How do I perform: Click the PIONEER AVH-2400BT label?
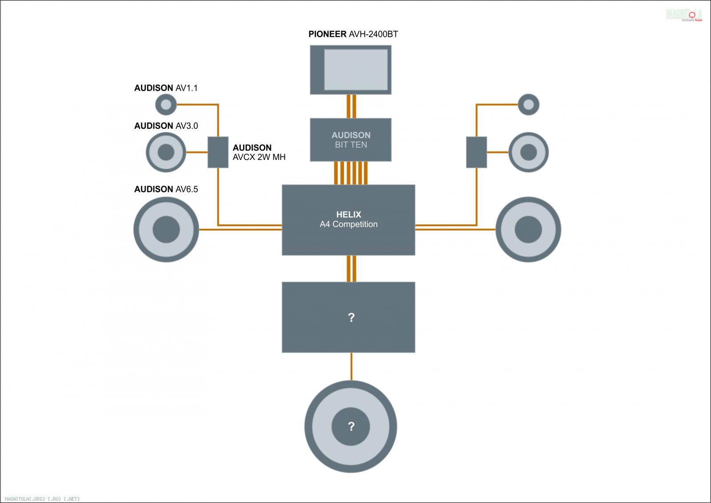[x=353, y=34]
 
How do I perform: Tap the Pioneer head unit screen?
[x=355, y=69]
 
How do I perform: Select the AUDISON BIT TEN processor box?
[x=351, y=140]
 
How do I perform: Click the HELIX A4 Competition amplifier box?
[x=348, y=220]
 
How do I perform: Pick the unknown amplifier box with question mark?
[x=348, y=317]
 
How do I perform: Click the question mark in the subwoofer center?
[x=351, y=427]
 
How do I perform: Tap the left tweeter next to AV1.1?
[x=166, y=105]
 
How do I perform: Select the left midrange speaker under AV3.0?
[x=166, y=152]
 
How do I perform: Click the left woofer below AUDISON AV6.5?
[x=166, y=229]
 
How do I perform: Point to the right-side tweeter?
[x=528, y=105]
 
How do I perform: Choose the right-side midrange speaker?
[x=528, y=152]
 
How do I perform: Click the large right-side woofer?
[x=528, y=229]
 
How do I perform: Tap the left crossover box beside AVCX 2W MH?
[x=218, y=152]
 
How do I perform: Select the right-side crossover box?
[x=476, y=152]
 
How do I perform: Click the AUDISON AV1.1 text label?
[x=166, y=88]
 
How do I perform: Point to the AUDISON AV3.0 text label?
[x=166, y=126]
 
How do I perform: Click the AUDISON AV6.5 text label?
[x=166, y=189]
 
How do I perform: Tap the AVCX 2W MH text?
[x=259, y=157]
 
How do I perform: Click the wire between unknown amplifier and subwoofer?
[x=352, y=367]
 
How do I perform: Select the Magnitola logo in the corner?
[x=684, y=15]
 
